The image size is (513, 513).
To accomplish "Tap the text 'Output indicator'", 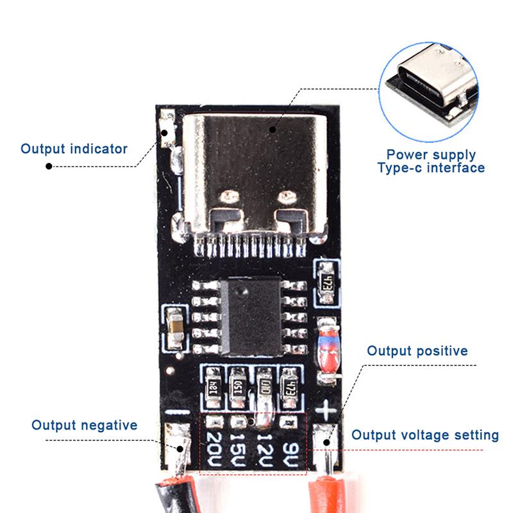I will coord(74,149).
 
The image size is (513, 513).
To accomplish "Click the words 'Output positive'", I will coord(417,351).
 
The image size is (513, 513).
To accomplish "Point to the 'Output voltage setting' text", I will coord(425,435).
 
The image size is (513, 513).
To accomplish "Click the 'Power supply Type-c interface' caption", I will coord(430,162).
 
